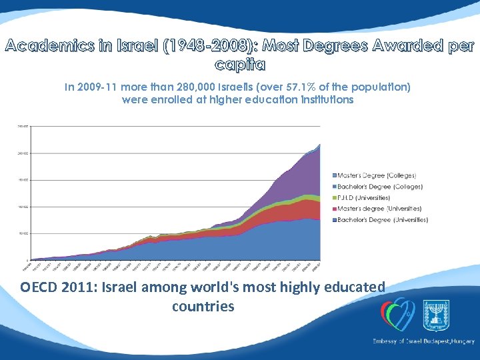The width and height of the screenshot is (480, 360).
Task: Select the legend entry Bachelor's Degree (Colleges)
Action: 379,186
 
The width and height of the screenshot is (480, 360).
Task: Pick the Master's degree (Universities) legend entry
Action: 379,208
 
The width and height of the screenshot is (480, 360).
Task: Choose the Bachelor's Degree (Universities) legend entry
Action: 382,219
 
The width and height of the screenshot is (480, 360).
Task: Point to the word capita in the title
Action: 240,65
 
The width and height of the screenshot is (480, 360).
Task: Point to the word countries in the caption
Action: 203,307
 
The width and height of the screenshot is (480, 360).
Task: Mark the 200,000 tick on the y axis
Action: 23,153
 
